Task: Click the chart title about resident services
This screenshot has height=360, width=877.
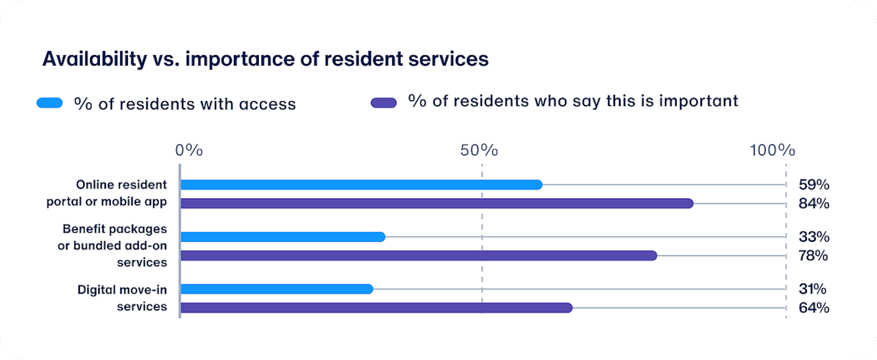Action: (266, 60)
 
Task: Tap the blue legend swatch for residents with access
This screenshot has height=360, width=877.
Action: (50, 103)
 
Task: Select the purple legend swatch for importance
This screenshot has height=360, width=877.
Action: (384, 103)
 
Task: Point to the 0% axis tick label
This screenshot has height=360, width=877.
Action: (189, 150)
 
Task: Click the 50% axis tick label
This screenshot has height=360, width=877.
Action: (479, 150)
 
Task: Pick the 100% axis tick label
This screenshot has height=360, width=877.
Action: (772, 150)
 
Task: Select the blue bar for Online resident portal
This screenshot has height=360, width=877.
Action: (361, 185)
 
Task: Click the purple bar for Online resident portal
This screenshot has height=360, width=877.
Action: (437, 203)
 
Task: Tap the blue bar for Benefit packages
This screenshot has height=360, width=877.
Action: (283, 237)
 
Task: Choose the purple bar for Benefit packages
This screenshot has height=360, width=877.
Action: (419, 256)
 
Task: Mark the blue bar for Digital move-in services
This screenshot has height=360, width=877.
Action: (276, 289)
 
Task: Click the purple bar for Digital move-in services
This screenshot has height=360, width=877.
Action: (376, 308)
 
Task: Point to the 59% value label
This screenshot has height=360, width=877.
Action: (814, 185)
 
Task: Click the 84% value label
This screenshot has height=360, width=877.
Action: (814, 203)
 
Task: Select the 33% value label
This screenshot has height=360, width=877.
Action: (814, 237)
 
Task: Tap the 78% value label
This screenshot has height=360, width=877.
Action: (813, 256)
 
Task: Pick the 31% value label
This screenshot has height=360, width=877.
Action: (812, 289)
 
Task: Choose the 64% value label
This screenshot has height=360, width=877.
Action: (814, 308)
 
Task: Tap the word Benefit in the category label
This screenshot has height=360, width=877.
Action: (82, 229)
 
